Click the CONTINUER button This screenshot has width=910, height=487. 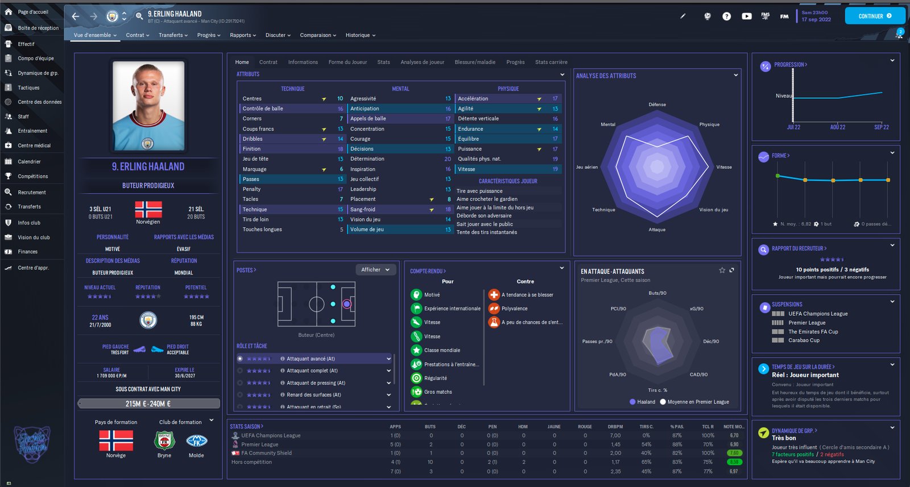coord(875,16)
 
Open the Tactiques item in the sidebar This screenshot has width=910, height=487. coord(28,88)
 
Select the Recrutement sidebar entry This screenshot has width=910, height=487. coord(32,193)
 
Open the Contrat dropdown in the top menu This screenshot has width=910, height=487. coord(138,35)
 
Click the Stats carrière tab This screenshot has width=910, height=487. coord(551,62)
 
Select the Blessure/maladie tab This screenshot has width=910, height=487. coord(475,62)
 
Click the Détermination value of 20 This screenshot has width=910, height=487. coord(448,159)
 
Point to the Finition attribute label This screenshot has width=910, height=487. coord(251,149)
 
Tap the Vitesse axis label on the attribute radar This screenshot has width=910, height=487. coord(724,167)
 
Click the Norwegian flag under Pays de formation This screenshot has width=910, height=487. coord(116,440)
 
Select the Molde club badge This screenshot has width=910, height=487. coord(196,440)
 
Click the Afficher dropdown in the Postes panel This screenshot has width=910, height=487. coord(375,269)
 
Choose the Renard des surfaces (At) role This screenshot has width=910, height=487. coord(314,395)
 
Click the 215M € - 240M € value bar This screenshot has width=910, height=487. coord(148,403)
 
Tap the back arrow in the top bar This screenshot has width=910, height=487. coord(76,16)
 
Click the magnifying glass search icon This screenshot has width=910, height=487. coord(139,16)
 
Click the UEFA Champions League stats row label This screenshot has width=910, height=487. coord(271,436)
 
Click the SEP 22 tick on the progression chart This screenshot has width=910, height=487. coord(882,127)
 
